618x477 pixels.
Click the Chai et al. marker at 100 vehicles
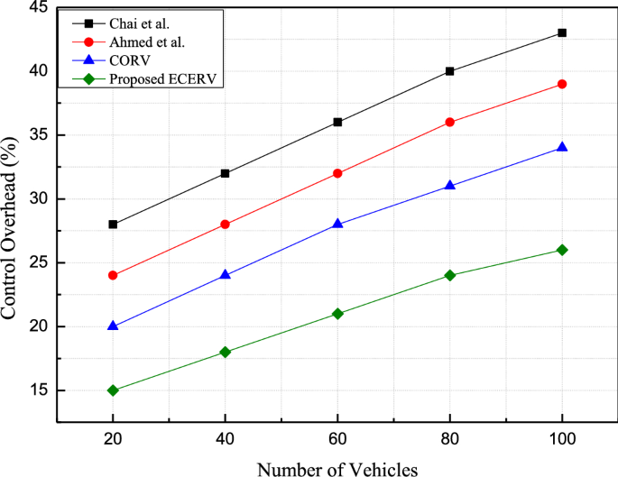(x=562, y=32)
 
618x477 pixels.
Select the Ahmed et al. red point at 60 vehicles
(x=337, y=173)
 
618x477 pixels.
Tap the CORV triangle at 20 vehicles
(x=113, y=326)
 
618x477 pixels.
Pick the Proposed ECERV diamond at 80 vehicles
(x=450, y=275)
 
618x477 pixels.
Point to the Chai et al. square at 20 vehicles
(x=113, y=225)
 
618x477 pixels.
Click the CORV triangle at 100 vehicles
(x=562, y=147)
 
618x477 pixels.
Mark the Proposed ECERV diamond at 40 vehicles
(x=226, y=352)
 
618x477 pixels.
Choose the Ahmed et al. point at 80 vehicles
(x=450, y=122)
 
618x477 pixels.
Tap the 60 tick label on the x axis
(x=337, y=438)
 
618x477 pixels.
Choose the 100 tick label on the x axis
(x=562, y=438)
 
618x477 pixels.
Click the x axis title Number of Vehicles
(x=337, y=468)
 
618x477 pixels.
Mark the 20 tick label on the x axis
(x=113, y=438)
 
